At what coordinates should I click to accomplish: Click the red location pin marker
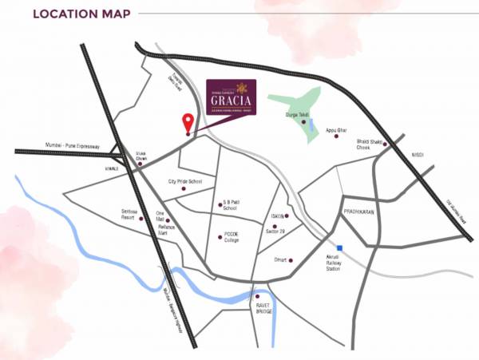(x=188, y=123)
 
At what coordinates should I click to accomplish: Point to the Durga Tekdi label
(x=296, y=115)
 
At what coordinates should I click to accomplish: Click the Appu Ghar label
(x=337, y=129)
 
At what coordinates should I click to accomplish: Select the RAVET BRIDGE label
(x=263, y=308)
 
